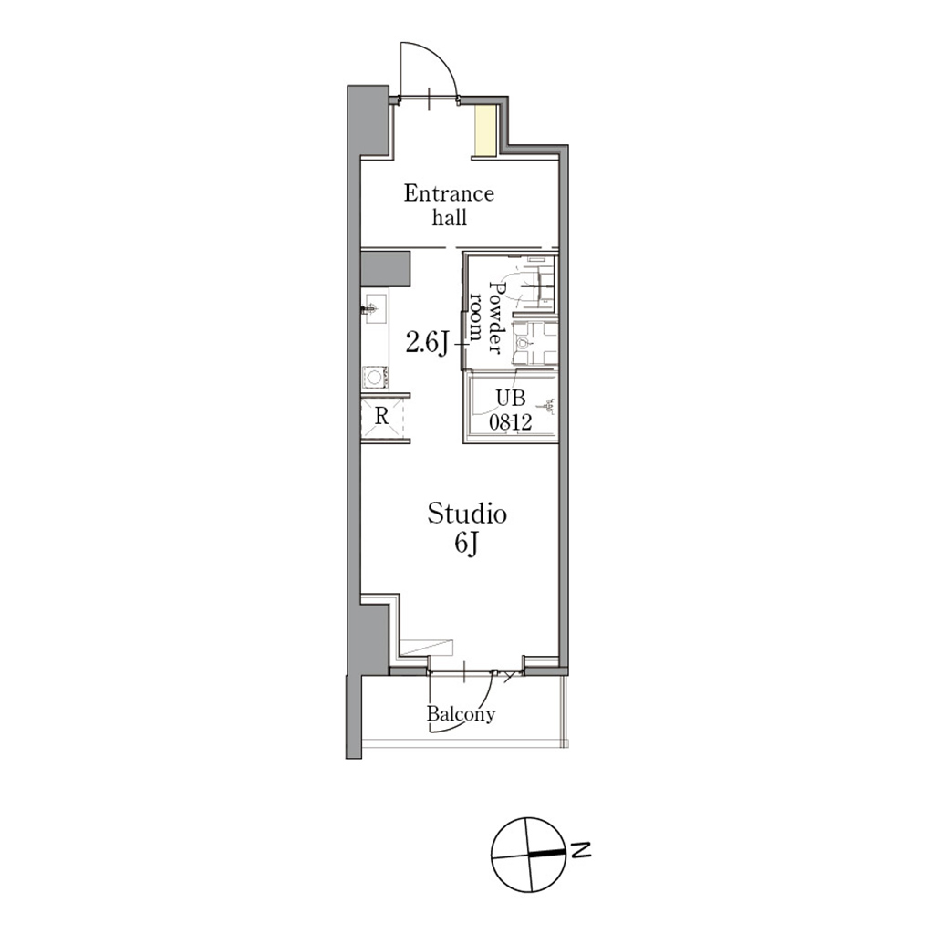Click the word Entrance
(x=449, y=193)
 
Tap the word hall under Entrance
(x=450, y=217)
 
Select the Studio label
(x=467, y=514)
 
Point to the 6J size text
(x=467, y=543)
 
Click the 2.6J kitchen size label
(x=427, y=343)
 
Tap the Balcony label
(x=461, y=713)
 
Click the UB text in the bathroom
(x=511, y=398)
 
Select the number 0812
(x=511, y=422)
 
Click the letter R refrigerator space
(x=382, y=416)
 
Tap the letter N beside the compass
(x=581, y=850)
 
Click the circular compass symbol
(x=528, y=855)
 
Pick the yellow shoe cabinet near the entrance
(x=485, y=130)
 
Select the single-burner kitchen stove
(x=375, y=377)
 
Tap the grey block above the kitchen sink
(x=386, y=268)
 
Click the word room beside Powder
(x=475, y=317)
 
